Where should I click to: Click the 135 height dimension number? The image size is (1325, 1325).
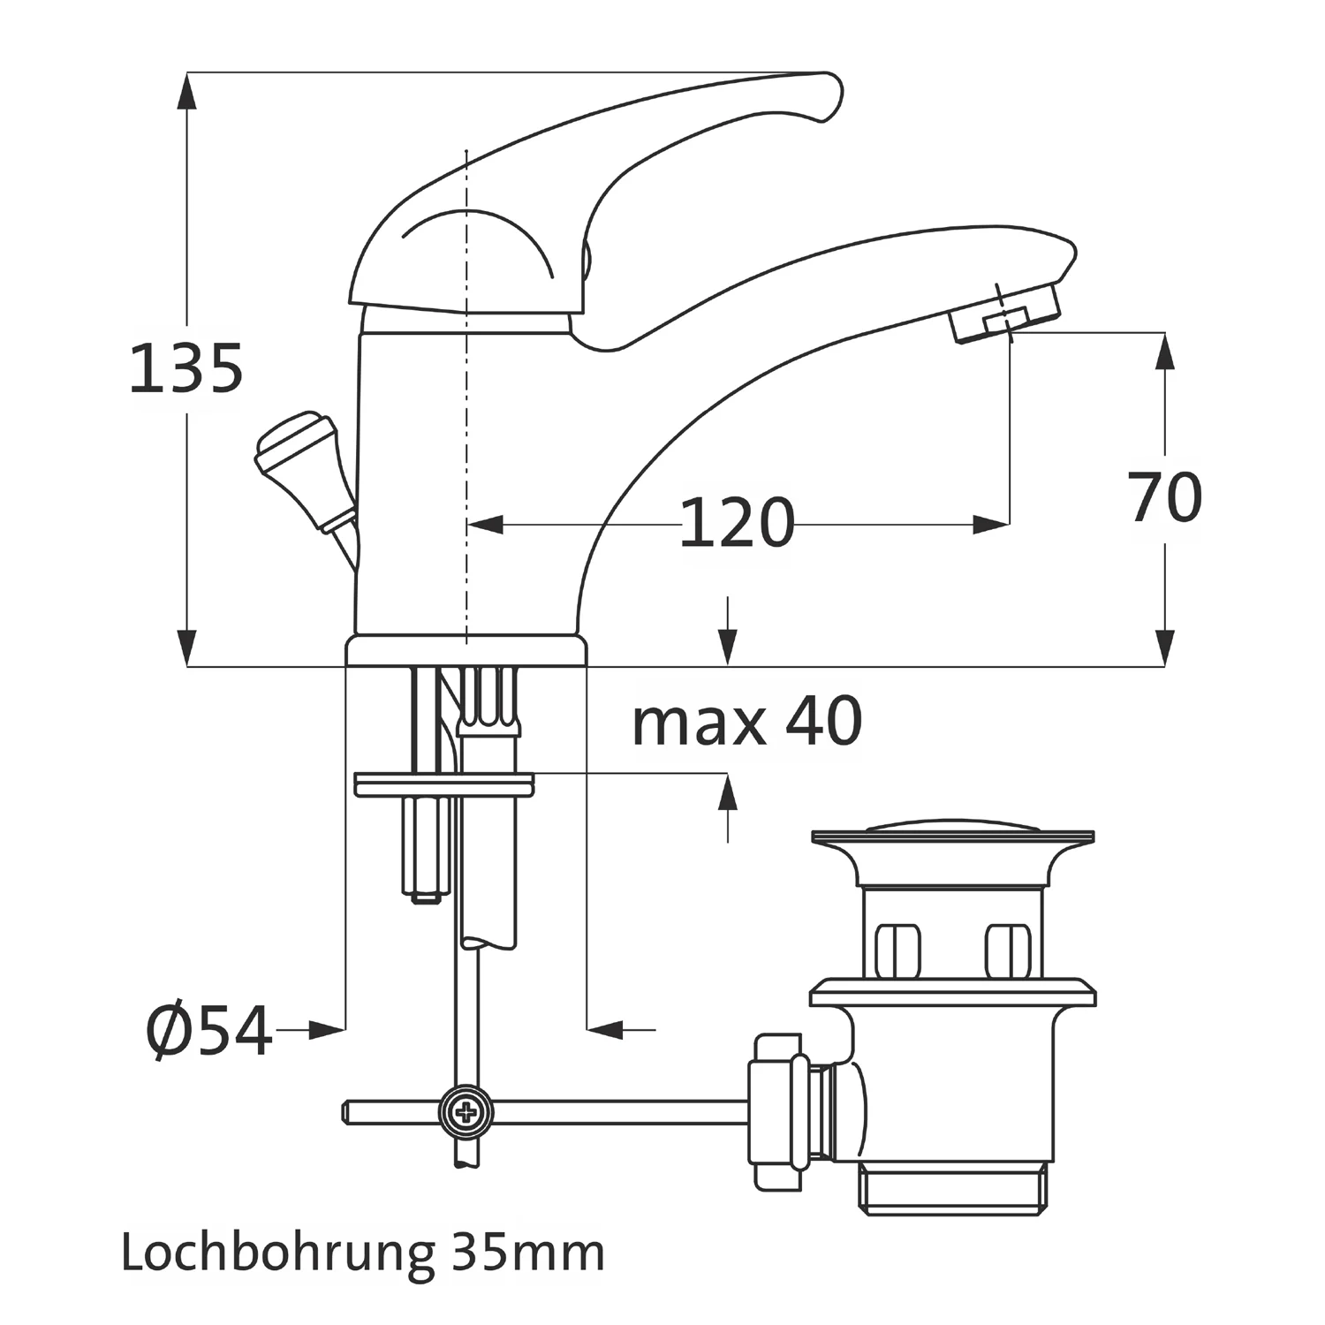pos(186,368)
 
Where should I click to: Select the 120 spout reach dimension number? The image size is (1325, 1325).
pos(737,523)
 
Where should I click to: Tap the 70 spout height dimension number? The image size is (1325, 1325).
pos(1165,497)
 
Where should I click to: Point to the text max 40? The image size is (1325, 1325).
pos(747,722)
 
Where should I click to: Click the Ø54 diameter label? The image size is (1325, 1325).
pos(209,1031)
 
